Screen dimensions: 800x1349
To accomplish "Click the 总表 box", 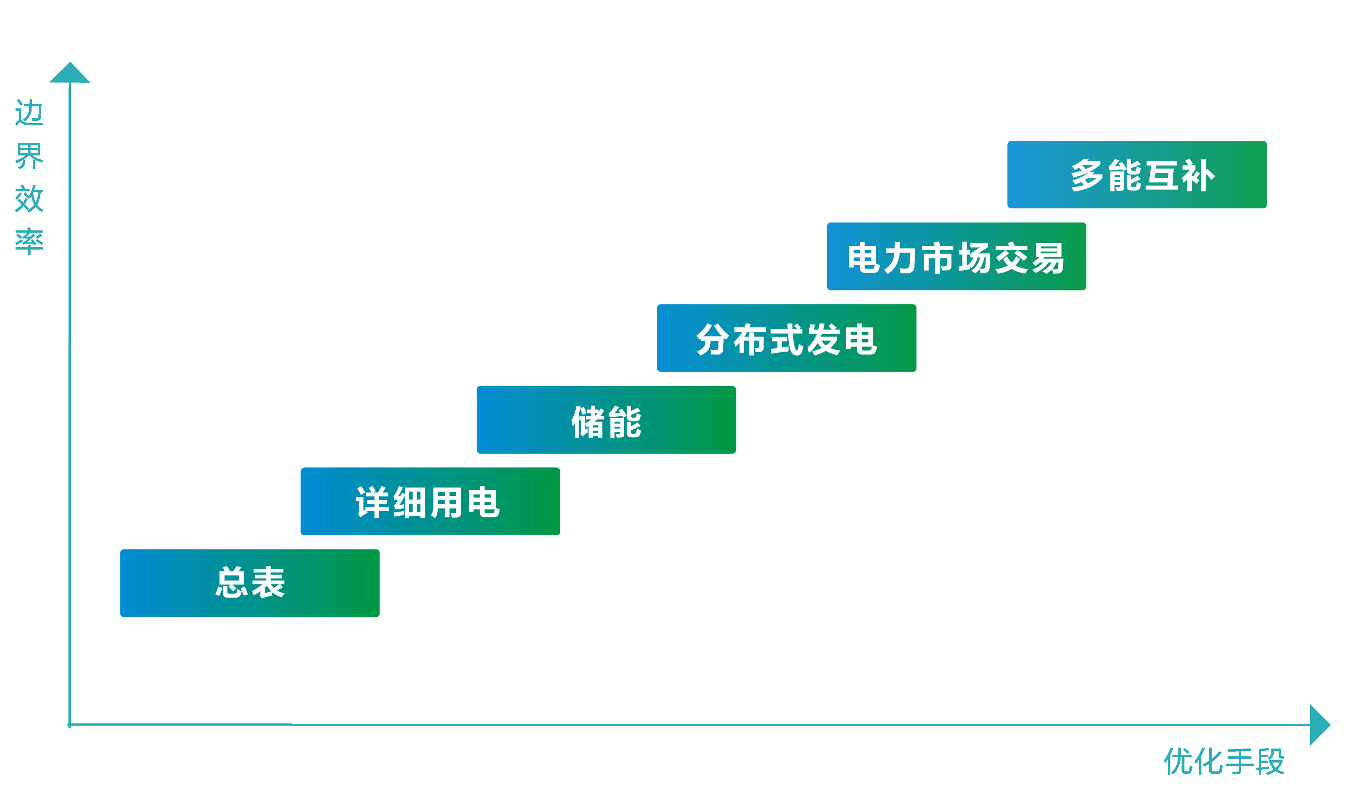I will click(250, 583).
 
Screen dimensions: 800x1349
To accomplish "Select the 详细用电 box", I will click(430, 501).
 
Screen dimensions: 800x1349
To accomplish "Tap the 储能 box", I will click(606, 419).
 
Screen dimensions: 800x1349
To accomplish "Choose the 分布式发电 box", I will click(786, 338).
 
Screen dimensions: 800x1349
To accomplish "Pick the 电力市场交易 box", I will click(956, 256).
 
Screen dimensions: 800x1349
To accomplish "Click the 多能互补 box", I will click(1137, 175).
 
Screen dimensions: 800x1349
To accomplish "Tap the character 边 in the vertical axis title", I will click(29, 113).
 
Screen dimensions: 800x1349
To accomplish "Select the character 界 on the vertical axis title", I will click(29, 156).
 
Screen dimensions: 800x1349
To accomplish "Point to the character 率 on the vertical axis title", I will click(29, 241).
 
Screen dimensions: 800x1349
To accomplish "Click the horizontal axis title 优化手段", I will click(1224, 762).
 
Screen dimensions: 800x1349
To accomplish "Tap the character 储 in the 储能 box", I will click(588, 422).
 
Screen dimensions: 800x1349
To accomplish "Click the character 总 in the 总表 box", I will click(232, 583).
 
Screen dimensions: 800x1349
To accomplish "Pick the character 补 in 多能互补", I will click(1198, 176).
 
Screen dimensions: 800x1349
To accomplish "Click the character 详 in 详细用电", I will click(372, 502).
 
